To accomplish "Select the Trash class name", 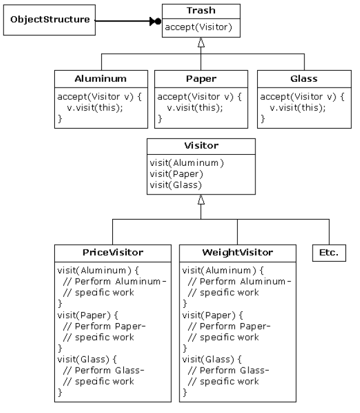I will tap(200, 11).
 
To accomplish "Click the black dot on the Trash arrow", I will tap(158, 22).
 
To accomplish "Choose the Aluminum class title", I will tap(101, 78).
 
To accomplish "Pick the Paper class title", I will tap(202, 78).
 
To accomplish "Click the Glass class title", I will tap(303, 78).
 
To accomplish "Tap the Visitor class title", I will tap(200, 146).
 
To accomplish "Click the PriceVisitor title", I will tap(113, 252).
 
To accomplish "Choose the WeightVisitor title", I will tap(237, 252).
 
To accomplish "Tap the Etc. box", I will tap(328, 253).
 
